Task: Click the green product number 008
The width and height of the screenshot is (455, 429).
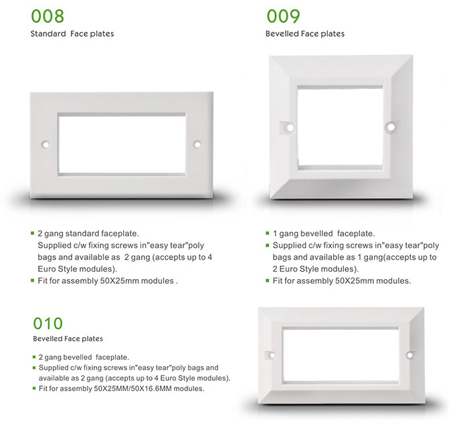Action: tap(48, 16)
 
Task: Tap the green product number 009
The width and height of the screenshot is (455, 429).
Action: tap(283, 16)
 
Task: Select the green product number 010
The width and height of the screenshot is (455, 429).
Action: tap(48, 323)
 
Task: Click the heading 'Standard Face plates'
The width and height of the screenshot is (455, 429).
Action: tap(72, 33)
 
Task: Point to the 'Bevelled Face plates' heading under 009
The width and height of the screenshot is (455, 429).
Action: tap(305, 33)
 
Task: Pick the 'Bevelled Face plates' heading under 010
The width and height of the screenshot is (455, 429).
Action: tap(68, 339)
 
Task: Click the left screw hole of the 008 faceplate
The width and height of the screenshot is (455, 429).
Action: tap(45, 145)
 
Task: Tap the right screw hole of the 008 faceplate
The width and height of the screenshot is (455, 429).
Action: tap(197, 145)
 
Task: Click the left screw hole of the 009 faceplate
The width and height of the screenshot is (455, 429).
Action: tap(290, 127)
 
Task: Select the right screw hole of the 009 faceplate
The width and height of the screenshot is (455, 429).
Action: tap(391, 127)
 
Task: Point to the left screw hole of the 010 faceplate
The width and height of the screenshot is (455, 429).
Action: tap(272, 355)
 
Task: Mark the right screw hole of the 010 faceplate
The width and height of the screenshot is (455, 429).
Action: tap(409, 355)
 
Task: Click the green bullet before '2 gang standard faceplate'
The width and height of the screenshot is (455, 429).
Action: tap(33, 233)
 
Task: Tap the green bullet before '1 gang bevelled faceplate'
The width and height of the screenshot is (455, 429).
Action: tap(268, 233)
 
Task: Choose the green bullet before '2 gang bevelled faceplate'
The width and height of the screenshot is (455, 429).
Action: tap(34, 357)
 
